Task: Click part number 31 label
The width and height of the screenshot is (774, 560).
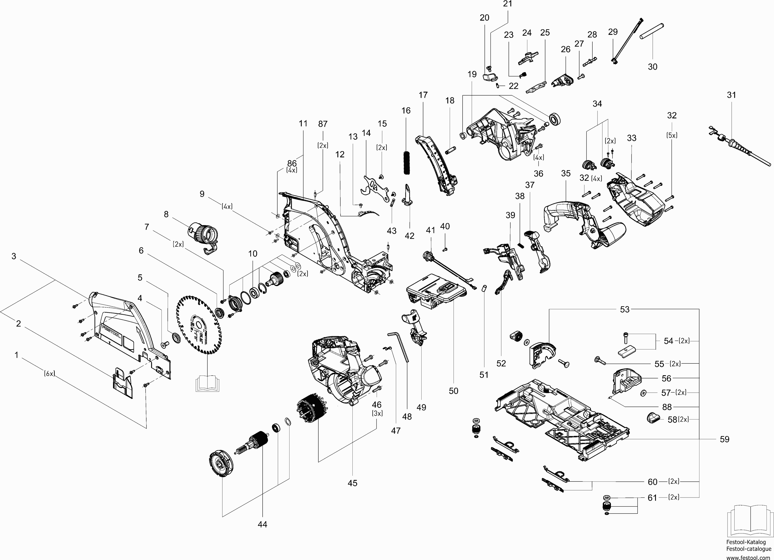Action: (x=731, y=95)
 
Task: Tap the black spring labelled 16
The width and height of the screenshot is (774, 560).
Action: (x=406, y=163)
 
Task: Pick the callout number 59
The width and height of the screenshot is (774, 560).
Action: (x=724, y=439)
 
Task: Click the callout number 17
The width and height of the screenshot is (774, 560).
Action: (x=423, y=95)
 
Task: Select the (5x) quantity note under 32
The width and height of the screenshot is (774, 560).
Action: (x=672, y=135)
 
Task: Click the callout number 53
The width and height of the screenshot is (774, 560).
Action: (x=625, y=309)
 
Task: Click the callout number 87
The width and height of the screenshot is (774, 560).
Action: (x=323, y=124)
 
